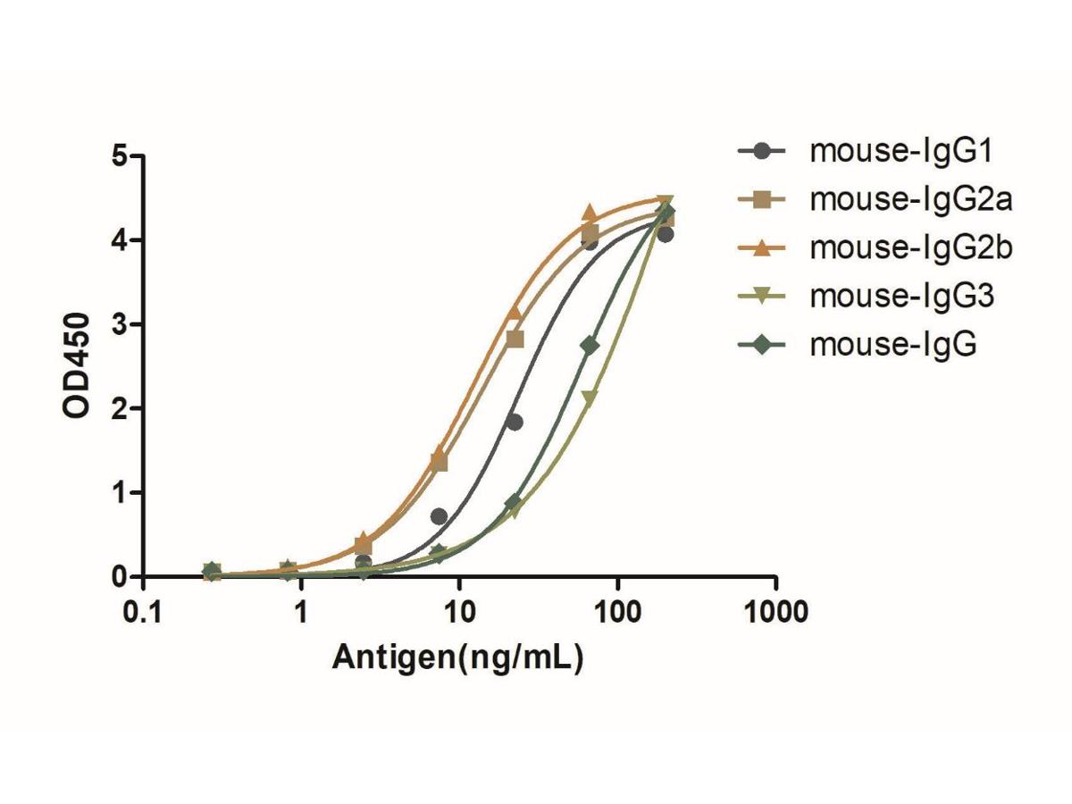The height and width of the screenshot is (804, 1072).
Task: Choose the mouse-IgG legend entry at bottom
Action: tap(893, 345)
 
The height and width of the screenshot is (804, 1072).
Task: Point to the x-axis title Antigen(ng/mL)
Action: tap(458, 657)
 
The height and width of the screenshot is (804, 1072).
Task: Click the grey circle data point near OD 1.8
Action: tap(514, 422)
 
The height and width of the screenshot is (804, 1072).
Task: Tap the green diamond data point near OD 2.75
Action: tap(590, 345)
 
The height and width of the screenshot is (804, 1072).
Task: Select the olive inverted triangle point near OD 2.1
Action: tap(590, 398)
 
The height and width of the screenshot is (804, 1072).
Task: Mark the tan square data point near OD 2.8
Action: tap(515, 339)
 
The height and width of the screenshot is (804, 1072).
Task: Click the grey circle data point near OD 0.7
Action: tap(439, 516)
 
